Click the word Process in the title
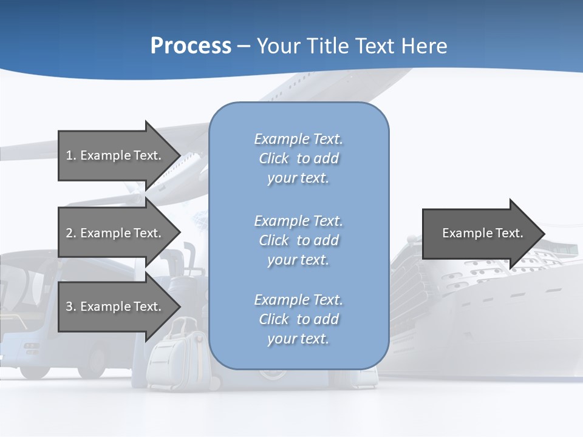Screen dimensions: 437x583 [191, 46]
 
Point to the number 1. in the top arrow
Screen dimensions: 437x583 [71, 155]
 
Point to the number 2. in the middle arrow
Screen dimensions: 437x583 [71, 233]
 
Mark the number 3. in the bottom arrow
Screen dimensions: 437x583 [71, 307]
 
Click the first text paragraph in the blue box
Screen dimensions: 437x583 [298, 158]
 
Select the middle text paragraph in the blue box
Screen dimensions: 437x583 [298, 240]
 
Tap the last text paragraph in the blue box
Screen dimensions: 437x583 [298, 319]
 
